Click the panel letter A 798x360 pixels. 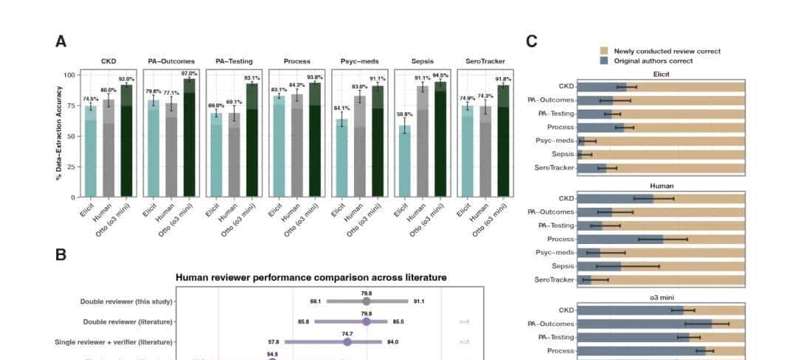tap(61, 41)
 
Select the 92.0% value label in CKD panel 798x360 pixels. tap(126, 79)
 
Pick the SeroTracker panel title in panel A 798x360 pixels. tap(484, 61)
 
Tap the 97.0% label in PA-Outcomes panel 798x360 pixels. tap(189, 74)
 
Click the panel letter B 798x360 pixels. tap(61, 254)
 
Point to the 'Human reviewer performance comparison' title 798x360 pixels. tap(310, 278)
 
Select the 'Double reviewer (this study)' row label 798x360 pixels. tap(126, 301)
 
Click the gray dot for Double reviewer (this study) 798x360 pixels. tap(366, 301)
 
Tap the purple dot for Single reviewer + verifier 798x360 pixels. tap(347, 342)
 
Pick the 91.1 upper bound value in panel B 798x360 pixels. tap(418, 301)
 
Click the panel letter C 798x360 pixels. tap(531, 41)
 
